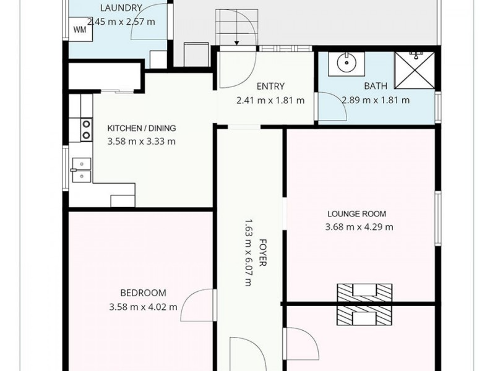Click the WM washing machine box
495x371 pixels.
pos(81,29)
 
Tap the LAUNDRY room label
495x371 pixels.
pos(121,8)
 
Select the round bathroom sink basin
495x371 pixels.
pos(346,63)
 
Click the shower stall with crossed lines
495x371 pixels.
pos(415,70)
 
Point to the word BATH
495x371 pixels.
pos(376,86)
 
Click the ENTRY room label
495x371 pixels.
pos(270,86)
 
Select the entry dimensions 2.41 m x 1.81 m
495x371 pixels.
pos(270,100)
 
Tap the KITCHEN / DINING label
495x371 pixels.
pos(142,128)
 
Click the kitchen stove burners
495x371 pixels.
pos(86,130)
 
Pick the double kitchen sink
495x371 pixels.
pos(82,170)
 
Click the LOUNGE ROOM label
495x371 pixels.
pos(357,214)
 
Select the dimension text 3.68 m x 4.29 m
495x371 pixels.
pos(359,227)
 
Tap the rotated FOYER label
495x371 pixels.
pos(262,253)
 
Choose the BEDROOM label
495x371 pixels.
pos(144,292)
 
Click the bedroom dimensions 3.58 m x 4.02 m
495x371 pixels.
pos(144,307)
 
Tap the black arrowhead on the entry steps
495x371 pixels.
pos(237,43)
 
